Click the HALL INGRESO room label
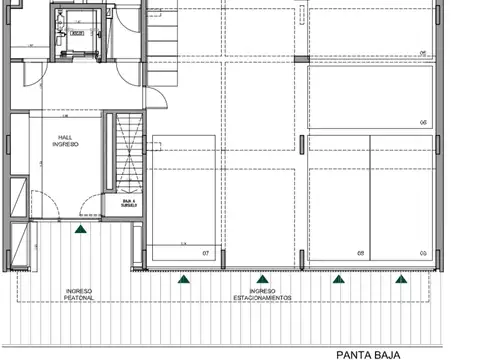pos(65,140)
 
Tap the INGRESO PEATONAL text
pos(80,294)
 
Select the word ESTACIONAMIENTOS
pos(263,298)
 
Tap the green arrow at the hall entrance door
pos(80,229)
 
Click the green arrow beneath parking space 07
pos(183,279)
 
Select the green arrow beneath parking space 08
pos(337,279)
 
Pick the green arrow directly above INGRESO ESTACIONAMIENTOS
pos(263,279)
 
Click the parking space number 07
pos(205,253)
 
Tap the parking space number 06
pos(423,122)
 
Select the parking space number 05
pos(423,253)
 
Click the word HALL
pos(65,136)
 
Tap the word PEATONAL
pos(80,298)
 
